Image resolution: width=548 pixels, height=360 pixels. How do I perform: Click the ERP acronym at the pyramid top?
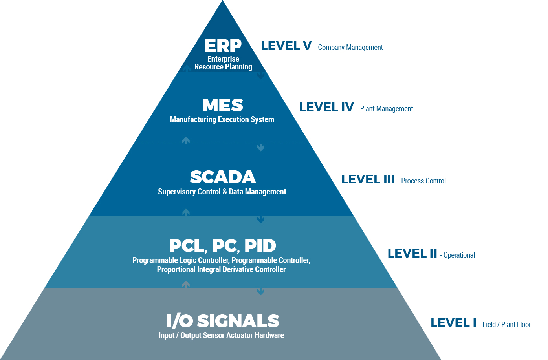(223, 46)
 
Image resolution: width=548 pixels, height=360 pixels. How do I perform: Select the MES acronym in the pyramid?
(223, 105)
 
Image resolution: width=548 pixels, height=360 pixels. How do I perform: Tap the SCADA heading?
(223, 177)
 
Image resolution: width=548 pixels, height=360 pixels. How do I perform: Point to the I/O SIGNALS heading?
(223, 321)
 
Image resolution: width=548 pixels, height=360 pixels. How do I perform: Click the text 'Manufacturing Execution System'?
(222, 119)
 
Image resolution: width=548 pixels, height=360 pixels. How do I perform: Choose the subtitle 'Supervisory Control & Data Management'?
(222, 192)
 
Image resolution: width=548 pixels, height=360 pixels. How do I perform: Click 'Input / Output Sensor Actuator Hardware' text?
(221, 335)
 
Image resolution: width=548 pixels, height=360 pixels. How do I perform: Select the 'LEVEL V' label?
(286, 46)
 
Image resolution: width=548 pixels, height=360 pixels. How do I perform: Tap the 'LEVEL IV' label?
(326, 107)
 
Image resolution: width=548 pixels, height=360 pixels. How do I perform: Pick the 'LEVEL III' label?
(368, 179)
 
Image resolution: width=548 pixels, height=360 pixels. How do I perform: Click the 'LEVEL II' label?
(412, 254)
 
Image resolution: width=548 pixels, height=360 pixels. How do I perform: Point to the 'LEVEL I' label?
(453, 323)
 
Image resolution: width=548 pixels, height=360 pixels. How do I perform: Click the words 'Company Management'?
(350, 48)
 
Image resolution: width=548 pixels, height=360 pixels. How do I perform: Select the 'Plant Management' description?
(387, 109)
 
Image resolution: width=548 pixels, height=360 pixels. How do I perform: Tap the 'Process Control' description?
(423, 181)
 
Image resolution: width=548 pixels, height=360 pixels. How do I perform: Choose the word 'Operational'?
(459, 255)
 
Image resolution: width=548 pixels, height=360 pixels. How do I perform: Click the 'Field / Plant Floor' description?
(507, 325)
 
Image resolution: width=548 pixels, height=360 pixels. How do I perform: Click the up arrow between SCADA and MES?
(186, 140)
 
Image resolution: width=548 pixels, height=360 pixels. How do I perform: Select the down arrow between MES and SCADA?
(260, 147)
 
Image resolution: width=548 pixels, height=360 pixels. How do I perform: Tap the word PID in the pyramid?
(260, 246)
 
